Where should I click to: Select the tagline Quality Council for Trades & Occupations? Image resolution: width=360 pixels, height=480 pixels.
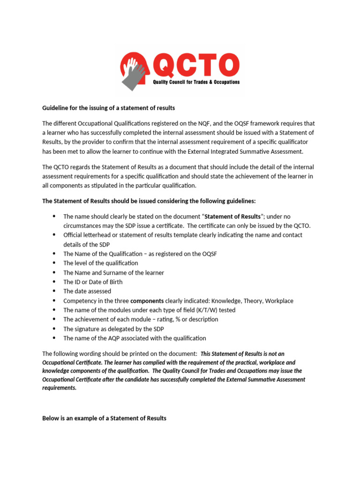click(196, 82)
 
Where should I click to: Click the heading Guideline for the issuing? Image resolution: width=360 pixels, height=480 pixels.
click(108, 108)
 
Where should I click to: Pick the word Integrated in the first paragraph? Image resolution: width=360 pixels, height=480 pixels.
click(231, 151)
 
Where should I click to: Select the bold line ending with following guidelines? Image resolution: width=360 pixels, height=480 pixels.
click(149, 201)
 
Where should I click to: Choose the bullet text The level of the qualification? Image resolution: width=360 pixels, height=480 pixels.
click(101, 263)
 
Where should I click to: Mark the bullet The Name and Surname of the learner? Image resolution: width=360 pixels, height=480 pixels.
click(113, 272)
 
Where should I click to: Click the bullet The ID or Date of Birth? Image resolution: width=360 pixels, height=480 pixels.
click(93, 282)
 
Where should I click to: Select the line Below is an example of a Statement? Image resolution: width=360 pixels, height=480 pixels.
click(104, 418)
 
